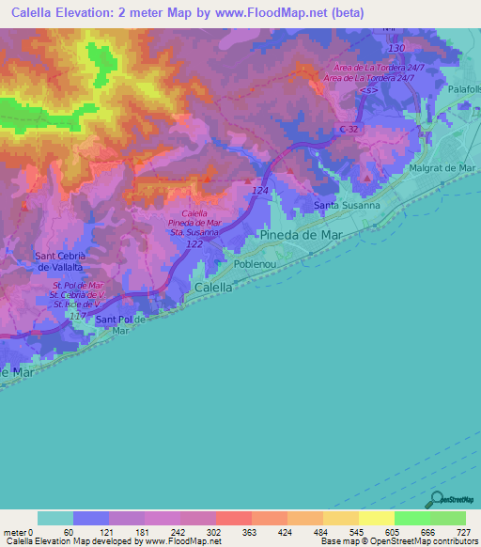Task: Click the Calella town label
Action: coord(213,287)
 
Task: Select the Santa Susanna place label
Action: coord(346,205)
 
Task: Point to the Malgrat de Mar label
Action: coord(442,169)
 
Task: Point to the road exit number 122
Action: coord(193,243)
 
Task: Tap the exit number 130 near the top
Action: coord(397,49)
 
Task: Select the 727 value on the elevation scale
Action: coord(464,531)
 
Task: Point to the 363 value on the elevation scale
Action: coord(236,531)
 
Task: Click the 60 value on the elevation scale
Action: coord(68,531)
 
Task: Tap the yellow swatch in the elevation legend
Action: coord(376,518)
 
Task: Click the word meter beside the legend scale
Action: coord(15,531)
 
